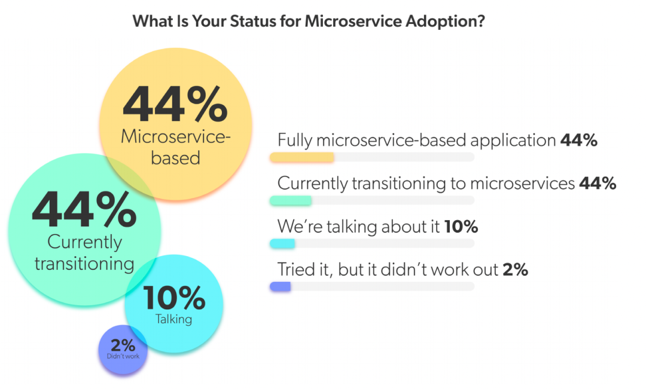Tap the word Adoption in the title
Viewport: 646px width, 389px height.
(447, 22)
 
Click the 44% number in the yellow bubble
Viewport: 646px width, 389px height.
(175, 104)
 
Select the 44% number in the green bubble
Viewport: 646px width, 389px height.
(84, 210)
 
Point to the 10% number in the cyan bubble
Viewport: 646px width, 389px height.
(174, 298)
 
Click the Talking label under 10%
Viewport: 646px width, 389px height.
(174, 319)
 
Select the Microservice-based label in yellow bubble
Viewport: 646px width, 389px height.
(175, 147)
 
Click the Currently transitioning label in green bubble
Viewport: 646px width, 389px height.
(84, 253)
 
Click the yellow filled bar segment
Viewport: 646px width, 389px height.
(302, 157)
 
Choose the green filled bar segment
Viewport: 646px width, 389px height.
(291, 200)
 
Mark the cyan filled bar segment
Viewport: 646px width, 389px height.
(282, 244)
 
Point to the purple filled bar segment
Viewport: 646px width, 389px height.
(280, 287)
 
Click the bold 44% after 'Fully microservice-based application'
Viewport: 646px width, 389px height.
(579, 141)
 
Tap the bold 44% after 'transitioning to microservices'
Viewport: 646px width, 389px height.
(598, 184)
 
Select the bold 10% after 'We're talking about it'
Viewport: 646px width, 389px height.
(461, 227)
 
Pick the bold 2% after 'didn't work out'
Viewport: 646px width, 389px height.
(515, 270)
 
